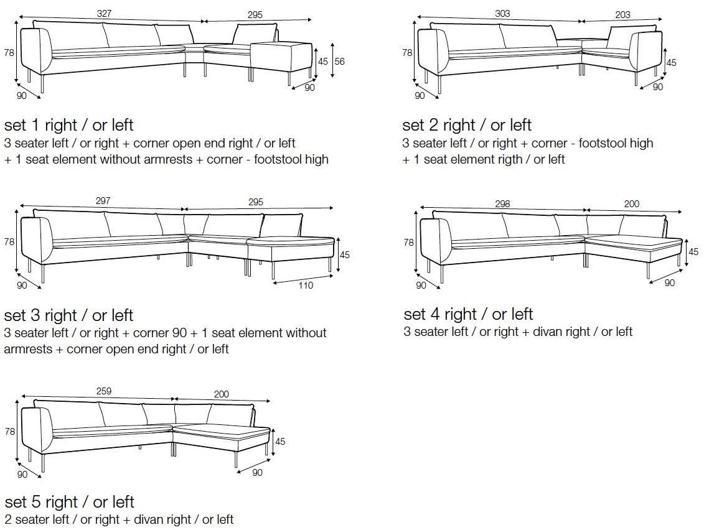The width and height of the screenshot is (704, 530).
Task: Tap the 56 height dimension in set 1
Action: tap(339, 61)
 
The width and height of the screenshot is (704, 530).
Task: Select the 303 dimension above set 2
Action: tap(503, 14)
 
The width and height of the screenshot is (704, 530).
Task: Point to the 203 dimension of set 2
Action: tap(622, 14)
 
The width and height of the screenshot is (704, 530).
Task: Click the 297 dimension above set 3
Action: tap(103, 200)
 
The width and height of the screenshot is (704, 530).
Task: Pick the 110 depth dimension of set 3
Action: tap(306, 286)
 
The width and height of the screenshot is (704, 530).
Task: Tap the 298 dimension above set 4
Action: tap(502, 203)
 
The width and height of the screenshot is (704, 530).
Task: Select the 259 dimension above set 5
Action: tap(103, 391)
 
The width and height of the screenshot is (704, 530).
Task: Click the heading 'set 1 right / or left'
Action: tap(68, 124)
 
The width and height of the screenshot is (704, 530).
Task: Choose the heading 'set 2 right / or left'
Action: tap(467, 124)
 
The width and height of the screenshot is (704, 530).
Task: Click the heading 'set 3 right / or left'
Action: tap(68, 315)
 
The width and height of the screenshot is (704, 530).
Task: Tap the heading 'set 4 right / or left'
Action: tap(468, 314)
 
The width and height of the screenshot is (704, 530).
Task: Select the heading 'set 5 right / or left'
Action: tap(69, 501)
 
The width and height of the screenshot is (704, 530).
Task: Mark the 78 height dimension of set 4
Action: tap(408, 243)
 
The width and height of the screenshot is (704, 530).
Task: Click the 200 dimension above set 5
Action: tap(221, 394)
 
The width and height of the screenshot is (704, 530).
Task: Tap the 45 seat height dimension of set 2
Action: tap(671, 63)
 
